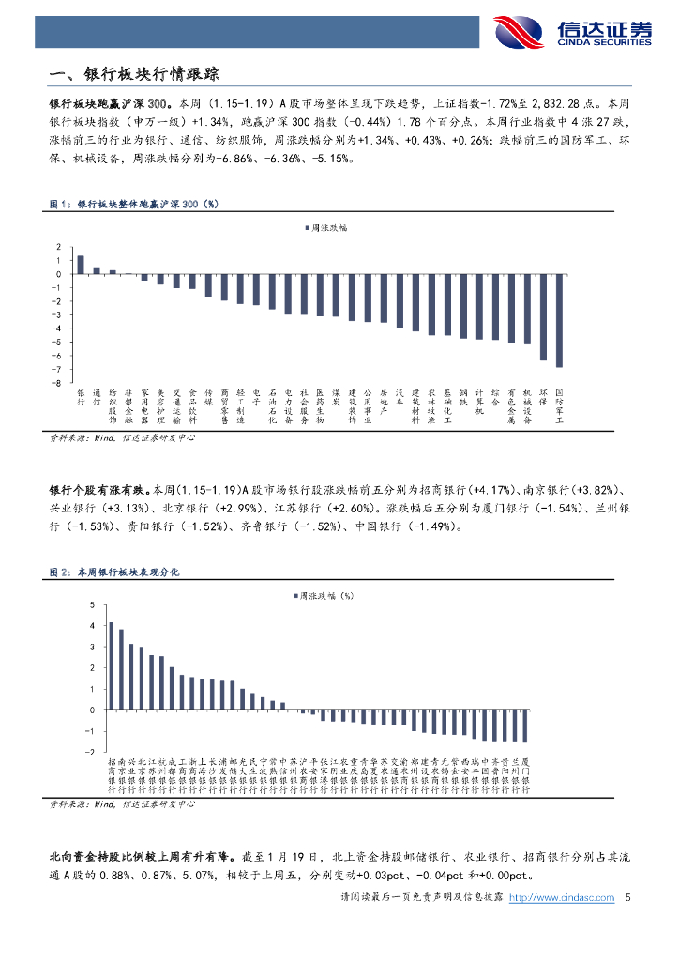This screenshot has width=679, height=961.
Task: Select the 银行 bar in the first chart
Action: point(81,265)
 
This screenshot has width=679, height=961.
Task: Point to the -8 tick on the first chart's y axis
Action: point(58,383)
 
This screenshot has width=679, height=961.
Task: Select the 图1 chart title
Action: point(132,203)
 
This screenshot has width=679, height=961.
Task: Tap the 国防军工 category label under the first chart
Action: point(560,406)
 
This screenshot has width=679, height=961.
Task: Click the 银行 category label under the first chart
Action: point(81,395)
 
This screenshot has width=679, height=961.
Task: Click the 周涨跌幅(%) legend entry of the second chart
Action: point(323,595)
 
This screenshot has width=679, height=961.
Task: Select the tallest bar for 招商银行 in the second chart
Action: point(111,666)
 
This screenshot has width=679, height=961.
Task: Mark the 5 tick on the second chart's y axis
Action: point(92,604)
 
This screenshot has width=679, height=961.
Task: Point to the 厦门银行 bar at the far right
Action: point(525,726)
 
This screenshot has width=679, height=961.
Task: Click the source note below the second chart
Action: point(122,804)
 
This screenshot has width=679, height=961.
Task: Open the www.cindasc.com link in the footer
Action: point(561,898)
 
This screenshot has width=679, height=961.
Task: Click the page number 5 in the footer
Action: point(626,898)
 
